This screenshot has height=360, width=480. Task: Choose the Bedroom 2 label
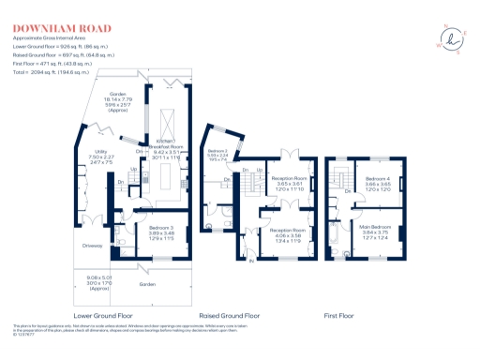(217, 157)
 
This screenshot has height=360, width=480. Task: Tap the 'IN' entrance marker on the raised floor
(252, 261)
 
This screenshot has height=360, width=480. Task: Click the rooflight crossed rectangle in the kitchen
(171, 122)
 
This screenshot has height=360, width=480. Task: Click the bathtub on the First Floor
(337, 246)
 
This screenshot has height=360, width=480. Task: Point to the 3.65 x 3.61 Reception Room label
(288, 182)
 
